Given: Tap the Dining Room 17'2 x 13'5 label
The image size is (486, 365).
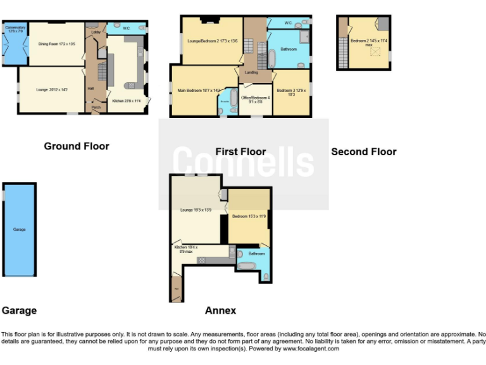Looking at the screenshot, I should point(58,44).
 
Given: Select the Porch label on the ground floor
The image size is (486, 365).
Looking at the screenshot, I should point(96,107).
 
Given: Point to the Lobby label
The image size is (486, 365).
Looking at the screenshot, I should point(96,31).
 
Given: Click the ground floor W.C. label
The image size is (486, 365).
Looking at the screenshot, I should point(126,28).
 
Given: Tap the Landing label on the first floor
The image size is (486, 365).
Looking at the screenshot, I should point(251,73).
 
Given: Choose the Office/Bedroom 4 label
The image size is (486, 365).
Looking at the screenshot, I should point(255,99).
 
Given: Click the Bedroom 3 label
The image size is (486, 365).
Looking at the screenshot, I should point(292,92).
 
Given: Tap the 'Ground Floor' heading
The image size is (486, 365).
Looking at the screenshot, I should point(77,146).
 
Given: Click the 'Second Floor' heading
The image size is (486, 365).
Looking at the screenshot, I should point(364,151).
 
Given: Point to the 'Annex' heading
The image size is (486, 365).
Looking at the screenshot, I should point(220,311).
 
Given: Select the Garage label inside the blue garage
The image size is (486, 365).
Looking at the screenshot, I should point(20,229).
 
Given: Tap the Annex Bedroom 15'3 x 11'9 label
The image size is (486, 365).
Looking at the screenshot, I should point(249,216).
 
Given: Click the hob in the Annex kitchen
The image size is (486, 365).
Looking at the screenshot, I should point(202,260).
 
